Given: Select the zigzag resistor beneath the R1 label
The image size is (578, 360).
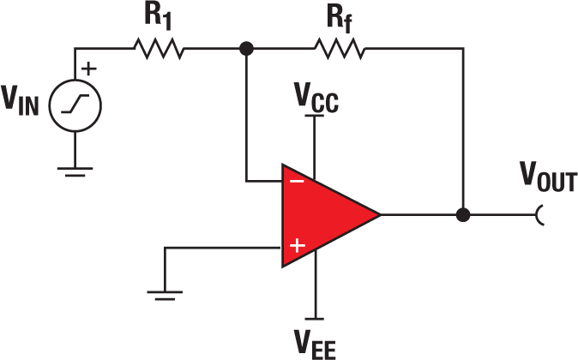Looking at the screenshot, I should point(158,49).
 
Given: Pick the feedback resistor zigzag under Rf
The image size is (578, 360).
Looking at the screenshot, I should point(339,49).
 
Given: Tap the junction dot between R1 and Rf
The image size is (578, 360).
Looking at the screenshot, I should point(247,49).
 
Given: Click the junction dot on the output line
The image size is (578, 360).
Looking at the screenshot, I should point(463,214).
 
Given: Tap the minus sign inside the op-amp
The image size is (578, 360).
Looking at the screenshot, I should point(296,181).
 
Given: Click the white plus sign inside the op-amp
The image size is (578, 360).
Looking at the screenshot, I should point(297,246).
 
